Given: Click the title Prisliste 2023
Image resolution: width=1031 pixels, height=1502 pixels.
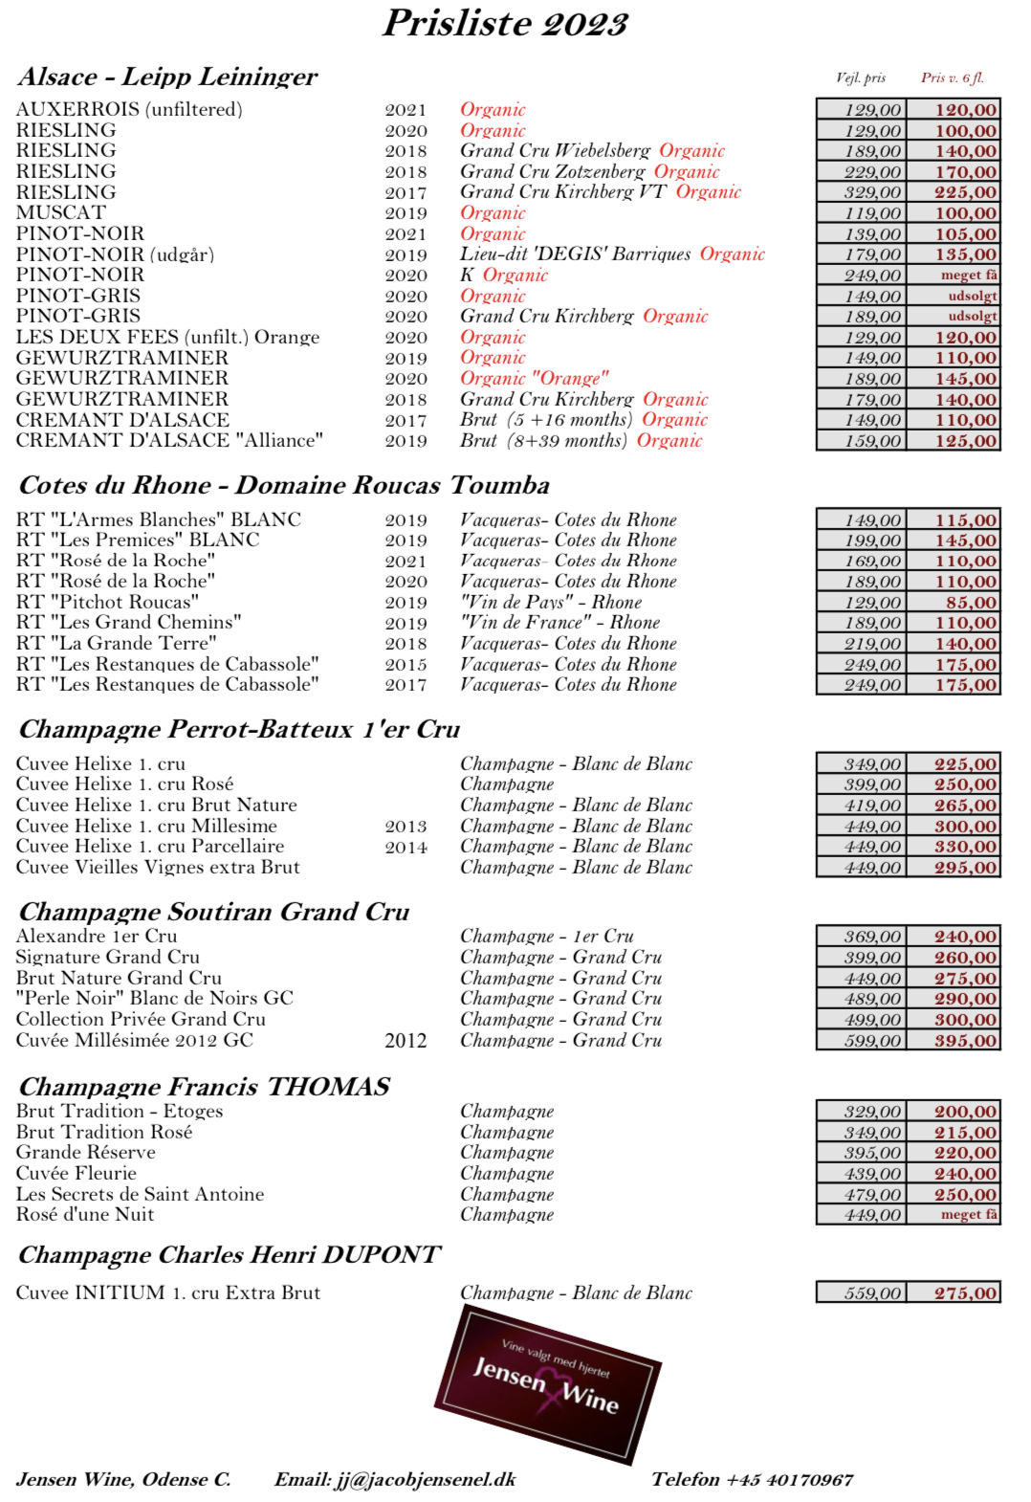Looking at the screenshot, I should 505,23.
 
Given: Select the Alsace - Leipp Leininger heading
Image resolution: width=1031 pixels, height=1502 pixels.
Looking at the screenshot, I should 167,77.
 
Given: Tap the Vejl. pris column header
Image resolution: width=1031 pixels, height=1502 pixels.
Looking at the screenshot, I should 860,77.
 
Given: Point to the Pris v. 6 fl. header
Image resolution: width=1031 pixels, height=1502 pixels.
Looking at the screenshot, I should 952,77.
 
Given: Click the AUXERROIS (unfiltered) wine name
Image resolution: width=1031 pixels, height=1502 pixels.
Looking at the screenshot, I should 129,109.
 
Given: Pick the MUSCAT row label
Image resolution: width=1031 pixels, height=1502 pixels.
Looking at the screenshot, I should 60,212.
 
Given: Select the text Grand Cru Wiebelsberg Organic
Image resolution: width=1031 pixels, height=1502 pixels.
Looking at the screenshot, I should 592,150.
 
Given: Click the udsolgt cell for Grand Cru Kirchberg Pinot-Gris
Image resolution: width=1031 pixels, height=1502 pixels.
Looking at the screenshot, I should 972,316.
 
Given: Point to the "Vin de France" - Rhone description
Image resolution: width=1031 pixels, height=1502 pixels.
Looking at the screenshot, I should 559,623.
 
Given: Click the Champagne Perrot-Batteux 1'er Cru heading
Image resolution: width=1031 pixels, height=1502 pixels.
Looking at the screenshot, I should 239,729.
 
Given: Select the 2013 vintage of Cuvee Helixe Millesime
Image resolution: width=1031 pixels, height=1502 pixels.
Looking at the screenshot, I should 406,826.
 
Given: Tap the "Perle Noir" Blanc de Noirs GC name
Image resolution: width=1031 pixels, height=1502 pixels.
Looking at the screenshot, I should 154,998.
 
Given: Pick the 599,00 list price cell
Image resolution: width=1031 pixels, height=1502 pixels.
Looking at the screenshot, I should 871,1040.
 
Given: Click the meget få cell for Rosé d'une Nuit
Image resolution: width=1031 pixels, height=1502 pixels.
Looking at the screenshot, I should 968,1214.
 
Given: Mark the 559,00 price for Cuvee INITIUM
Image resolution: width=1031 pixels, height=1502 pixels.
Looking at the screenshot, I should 871,1292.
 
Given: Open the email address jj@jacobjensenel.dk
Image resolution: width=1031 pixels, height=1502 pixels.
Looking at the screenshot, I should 425,1479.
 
